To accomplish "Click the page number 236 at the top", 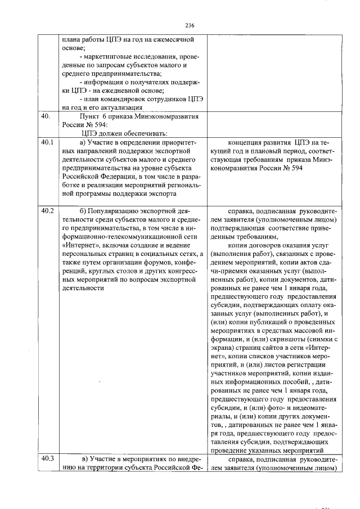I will pyautogui.click(x=190, y=25).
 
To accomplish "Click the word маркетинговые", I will pyautogui.click(x=109, y=57).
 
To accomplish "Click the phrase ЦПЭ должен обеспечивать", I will pyautogui.click(x=116, y=133).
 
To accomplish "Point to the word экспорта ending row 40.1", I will pyautogui.click(x=163, y=193).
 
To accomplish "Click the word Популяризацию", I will pyautogui.click(x=118, y=211).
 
